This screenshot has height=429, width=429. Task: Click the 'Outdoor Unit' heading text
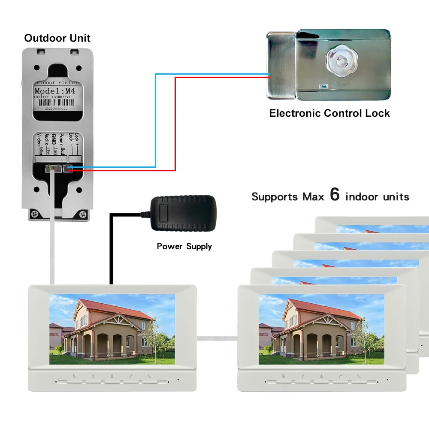(57, 38)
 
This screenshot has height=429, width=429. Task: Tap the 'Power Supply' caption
(184, 246)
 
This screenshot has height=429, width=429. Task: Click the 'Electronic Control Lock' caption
(329, 113)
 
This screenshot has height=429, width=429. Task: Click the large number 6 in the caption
(335, 195)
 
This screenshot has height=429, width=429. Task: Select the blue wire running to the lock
(155, 120)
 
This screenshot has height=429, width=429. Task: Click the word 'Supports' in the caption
(274, 197)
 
